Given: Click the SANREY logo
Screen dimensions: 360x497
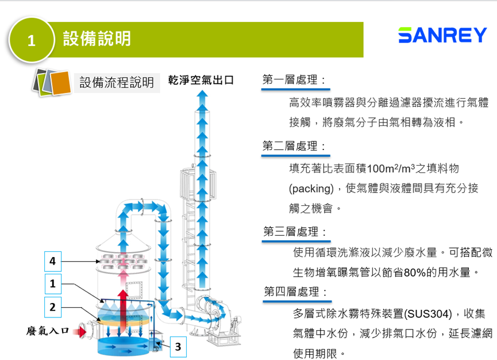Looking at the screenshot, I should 442,36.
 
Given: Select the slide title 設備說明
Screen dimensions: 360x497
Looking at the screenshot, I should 97,39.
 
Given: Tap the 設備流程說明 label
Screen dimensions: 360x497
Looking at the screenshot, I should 116,82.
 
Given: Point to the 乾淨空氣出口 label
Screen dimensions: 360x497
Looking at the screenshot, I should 201,80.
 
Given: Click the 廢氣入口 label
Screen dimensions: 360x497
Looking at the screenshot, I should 48,331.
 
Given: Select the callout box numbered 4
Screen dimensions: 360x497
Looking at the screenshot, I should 52,262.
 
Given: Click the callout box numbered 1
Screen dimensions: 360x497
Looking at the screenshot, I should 52,284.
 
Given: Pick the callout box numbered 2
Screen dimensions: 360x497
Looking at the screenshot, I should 52,307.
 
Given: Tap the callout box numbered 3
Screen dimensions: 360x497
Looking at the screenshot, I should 178,347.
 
